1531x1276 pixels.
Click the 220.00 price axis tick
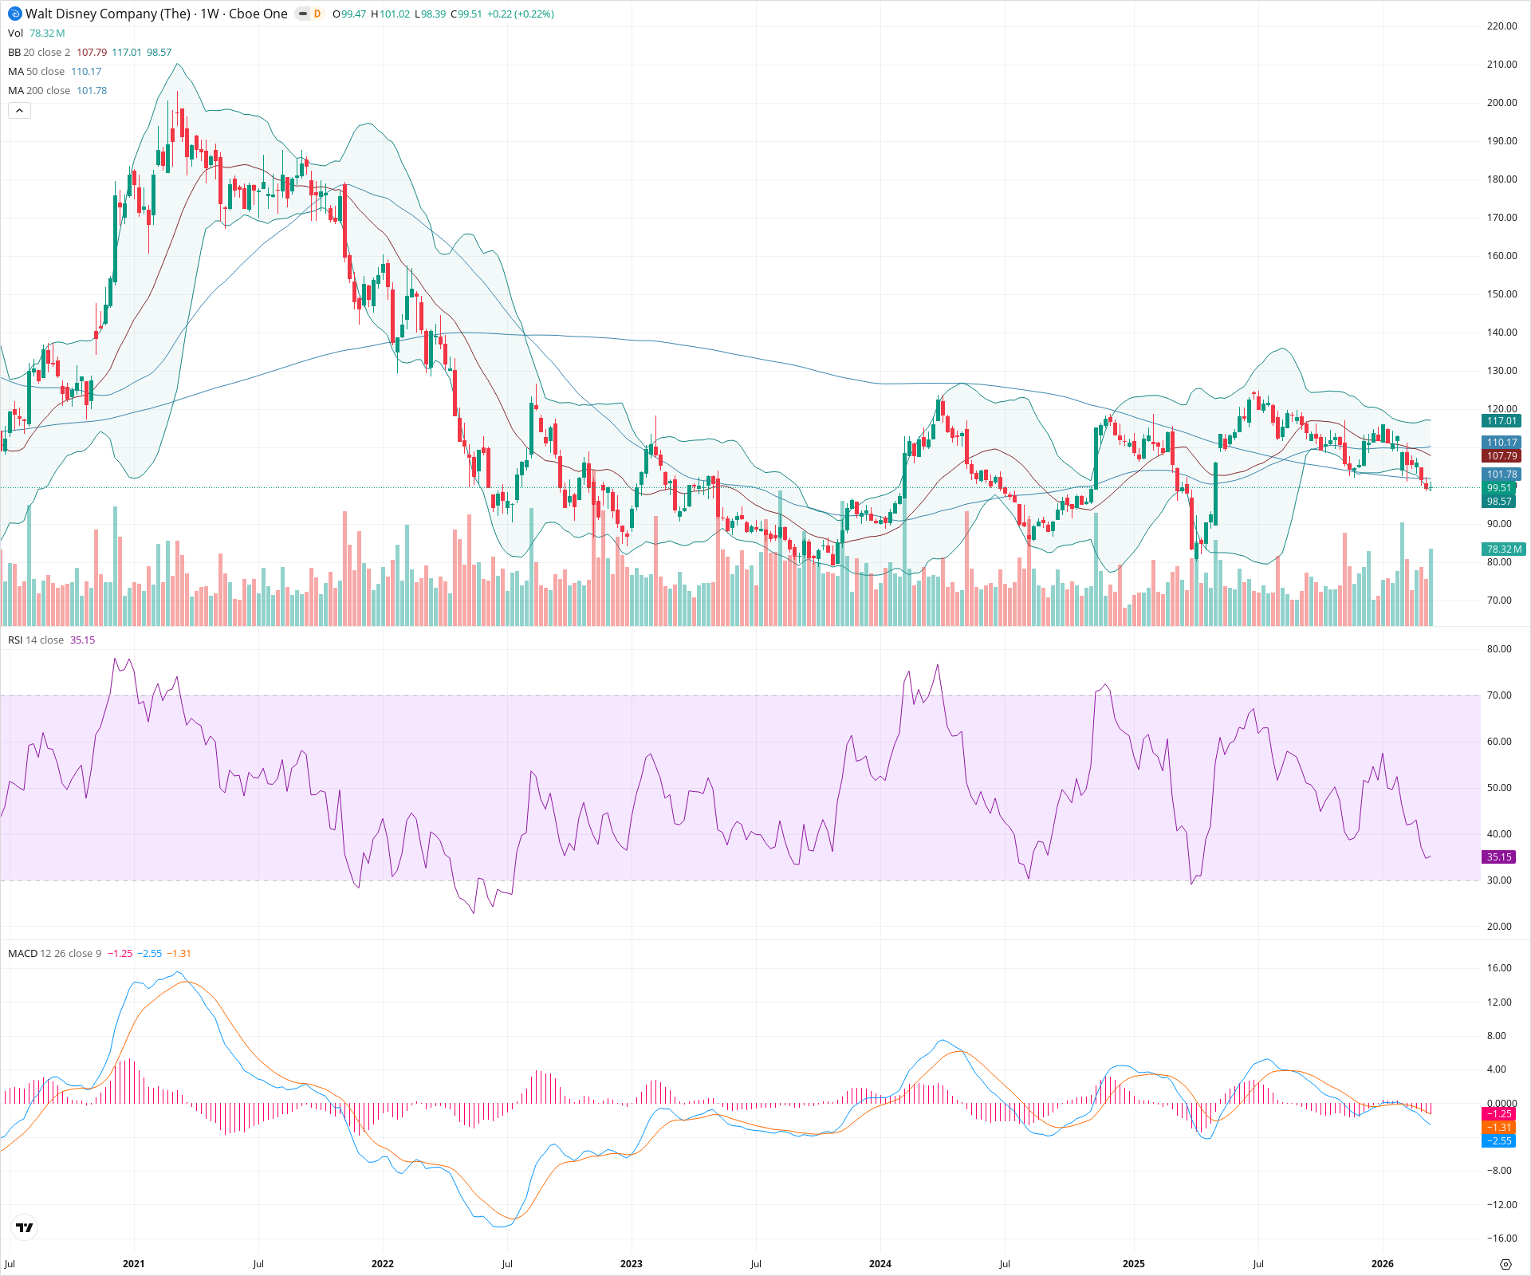(x=1501, y=26)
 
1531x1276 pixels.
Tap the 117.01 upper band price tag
(x=1501, y=421)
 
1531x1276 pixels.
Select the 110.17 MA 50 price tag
(x=1501, y=443)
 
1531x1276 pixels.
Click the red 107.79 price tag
(x=1501, y=456)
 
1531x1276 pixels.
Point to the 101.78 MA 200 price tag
(x=1501, y=475)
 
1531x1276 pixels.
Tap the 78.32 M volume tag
(x=1504, y=549)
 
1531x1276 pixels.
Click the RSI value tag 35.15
(x=1498, y=857)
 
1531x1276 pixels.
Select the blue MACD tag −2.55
(x=1498, y=1141)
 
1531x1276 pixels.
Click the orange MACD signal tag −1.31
(x=1498, y=1128)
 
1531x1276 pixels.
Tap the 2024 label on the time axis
(x=880, y=1264)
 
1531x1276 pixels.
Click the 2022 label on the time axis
(x=383, y=1264)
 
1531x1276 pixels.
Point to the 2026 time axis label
(x=1382, y=1264)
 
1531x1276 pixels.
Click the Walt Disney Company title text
(x=108, y=14)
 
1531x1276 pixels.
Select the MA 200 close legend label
(x=39, y=91)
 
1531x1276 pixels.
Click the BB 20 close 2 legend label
(x=39, y=53)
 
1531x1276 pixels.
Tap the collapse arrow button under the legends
(x=19, y=111)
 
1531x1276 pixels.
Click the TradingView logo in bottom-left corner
(x=25, y=1227)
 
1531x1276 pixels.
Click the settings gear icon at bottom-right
(x=1505, y=1264)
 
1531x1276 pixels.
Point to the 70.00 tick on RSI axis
(x=1499, y=695)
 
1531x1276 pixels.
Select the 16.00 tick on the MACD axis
(x=1499, y=968)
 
